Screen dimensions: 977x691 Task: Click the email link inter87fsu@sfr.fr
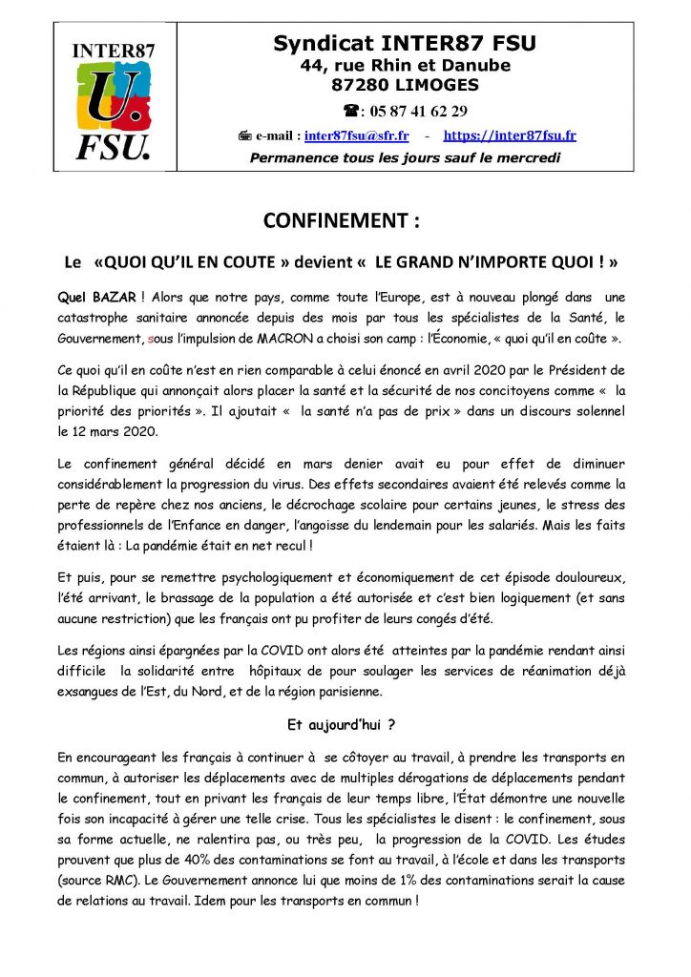(x=355, y=136)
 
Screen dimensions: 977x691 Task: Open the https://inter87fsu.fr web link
(x=510, y=136)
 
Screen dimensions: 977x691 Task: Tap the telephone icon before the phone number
(x=350, y=110)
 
